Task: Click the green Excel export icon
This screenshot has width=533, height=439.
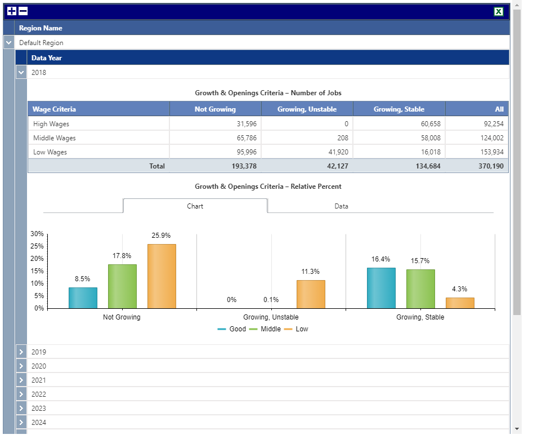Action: pyautogui.click(x=498, y=12)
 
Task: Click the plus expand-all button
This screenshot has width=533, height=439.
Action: pyautogui.click(x=12, y=11)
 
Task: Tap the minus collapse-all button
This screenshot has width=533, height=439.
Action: pyautogui.click(x=23, y=11)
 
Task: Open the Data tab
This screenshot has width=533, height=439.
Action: pyautogui.click(x=341, y=206)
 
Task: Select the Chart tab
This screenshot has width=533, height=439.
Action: pyautogui.click(x=195, y=206)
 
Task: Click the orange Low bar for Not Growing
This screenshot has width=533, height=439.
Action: pyautogui.click(x=162, y=276)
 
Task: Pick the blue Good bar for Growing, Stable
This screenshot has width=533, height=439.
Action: pyautogui.click(x=382, y=288)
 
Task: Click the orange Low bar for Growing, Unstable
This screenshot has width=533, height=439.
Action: pyautogui.click(x=311, y=294)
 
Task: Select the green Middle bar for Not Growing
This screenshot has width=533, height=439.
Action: pyautogui.click(x=122, y=286)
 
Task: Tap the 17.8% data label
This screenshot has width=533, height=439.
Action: pyautogui.click(x=122, y=256)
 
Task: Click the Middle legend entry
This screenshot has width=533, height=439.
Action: pyautogui.click(x=265, y=329)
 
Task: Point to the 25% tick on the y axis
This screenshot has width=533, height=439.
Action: pyautogui.click(x=37, y=246)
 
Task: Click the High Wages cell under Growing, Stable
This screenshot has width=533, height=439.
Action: pyautogui.click(x=399, y=124)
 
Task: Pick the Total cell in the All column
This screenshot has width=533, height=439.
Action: pyautogui.click(x=477, y=166)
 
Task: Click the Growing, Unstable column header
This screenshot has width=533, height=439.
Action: pyautogui.click(x=307, y=109)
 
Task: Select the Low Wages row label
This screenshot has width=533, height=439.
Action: pyautogui.click(x=50, y=152)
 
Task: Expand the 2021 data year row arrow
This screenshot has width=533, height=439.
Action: pyautogui.click(x=21, y=380)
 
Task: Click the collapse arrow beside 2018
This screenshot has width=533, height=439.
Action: pyautogui.click(x=21, y=73)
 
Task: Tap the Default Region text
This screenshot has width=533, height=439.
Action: pyautogui.click(x=41, y=43)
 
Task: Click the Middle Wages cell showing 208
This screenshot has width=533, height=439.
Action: pyautogui.click(x=307, y=138)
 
